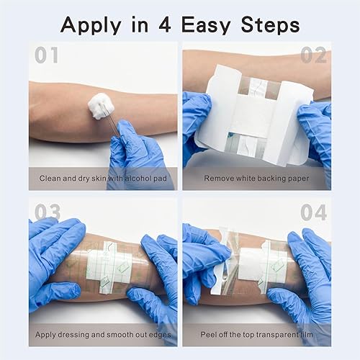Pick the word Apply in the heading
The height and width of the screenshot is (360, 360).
(89, 25)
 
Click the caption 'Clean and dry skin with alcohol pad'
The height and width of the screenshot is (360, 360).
(103, 177)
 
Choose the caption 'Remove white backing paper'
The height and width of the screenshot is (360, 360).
(256, 177)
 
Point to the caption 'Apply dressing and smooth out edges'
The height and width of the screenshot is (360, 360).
(103, 334)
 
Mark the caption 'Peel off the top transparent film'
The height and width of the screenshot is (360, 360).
(256, 334)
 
